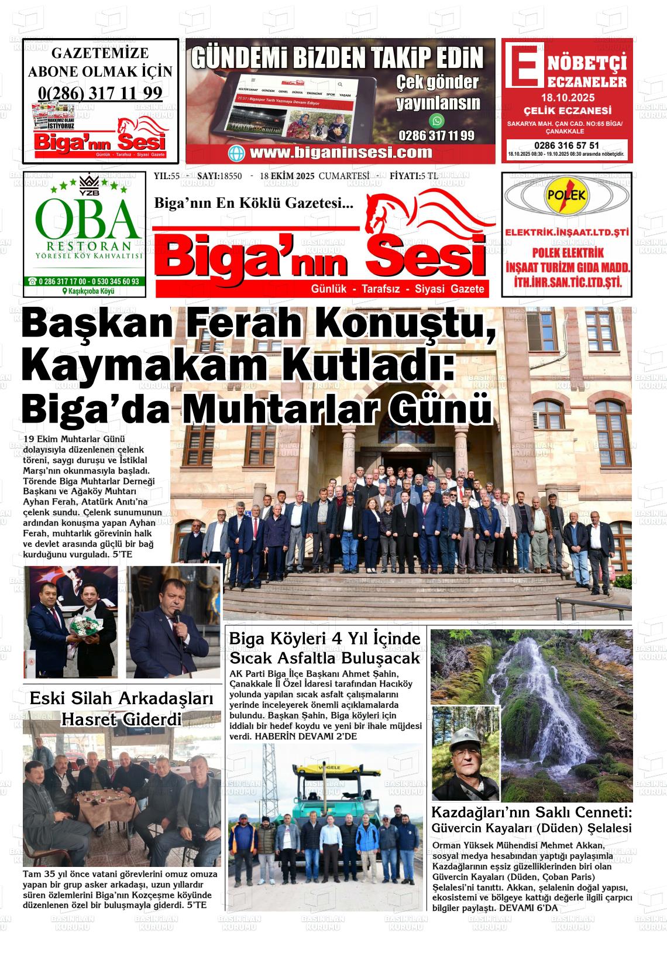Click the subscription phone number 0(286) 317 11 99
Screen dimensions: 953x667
point(100,93)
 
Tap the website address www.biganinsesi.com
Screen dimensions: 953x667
point(341,153)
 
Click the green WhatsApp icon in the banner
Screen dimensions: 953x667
point(437,121)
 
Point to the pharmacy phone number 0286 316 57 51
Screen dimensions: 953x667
point(566,145)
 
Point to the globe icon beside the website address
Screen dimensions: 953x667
point(238,153)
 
